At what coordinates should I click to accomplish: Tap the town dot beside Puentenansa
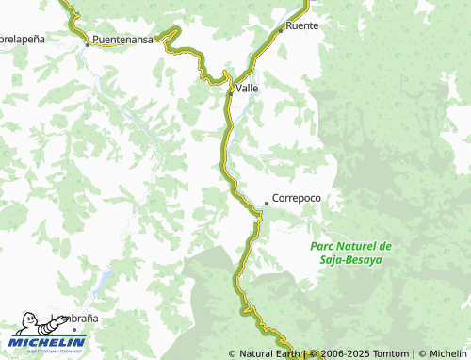click(88, 43)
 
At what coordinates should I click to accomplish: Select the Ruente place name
click(302, 25)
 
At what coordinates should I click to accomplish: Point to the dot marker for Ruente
click(281, 29)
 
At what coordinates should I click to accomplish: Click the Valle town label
click(248, 88)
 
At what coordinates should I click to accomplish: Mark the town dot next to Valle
click(231, 91)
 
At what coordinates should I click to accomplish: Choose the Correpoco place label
click(296, 199)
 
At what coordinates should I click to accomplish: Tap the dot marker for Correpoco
click(266, 203)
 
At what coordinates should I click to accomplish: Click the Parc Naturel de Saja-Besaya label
click(350, 252)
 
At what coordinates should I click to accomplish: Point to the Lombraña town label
click(72, 319)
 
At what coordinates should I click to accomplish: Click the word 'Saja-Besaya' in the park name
click(350, 258)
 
